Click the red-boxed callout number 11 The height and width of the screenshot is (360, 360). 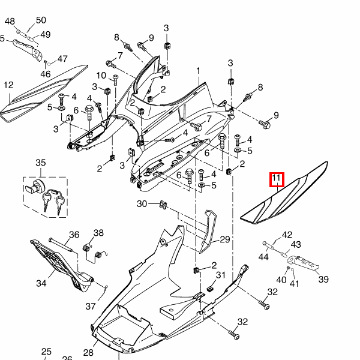click(x=277, y=178)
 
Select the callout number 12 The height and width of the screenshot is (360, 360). click(x=9, y=85)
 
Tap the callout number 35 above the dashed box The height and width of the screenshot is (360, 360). click(x=41, y=163)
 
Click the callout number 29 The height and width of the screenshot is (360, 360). click(x=225, y=239)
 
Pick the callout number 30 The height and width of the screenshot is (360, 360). click(x=142, y=203)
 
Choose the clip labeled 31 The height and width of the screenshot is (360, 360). click(x=209, y=289)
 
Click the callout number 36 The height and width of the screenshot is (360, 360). click(x=74, y=235)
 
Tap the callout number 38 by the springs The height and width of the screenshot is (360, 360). click(x=98, y=233)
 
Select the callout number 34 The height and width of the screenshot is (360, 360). click(x=41, y=283)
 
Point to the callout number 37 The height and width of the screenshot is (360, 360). click(x=91, y=306)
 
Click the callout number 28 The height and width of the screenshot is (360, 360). click(x=88, y=352)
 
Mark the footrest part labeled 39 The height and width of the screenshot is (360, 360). click(x=303, y=263)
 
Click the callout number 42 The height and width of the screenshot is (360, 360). click(x=287, y=235)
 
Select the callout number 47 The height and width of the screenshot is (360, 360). click(x=62, y=59)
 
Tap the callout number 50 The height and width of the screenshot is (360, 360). click(x=41, y=20)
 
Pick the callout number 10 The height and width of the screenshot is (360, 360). click(x=101, y=76)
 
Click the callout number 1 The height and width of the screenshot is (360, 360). click(x=199, y=71)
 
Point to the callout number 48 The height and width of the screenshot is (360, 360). click(x=10, y=22)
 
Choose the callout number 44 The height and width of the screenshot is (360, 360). click(x=263, y=257)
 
